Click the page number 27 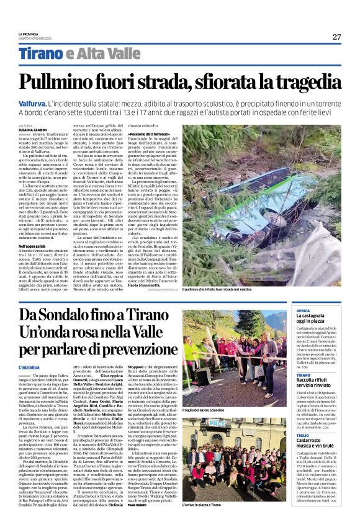336,37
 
